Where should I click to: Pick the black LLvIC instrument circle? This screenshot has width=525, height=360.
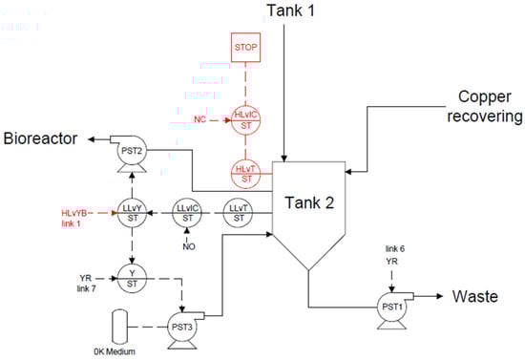pos(188,209)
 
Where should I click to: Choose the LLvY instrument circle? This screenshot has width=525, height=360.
pos(132,209)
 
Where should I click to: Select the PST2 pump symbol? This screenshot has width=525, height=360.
pos(132,153)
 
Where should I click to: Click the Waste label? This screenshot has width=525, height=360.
pos(474,297)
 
